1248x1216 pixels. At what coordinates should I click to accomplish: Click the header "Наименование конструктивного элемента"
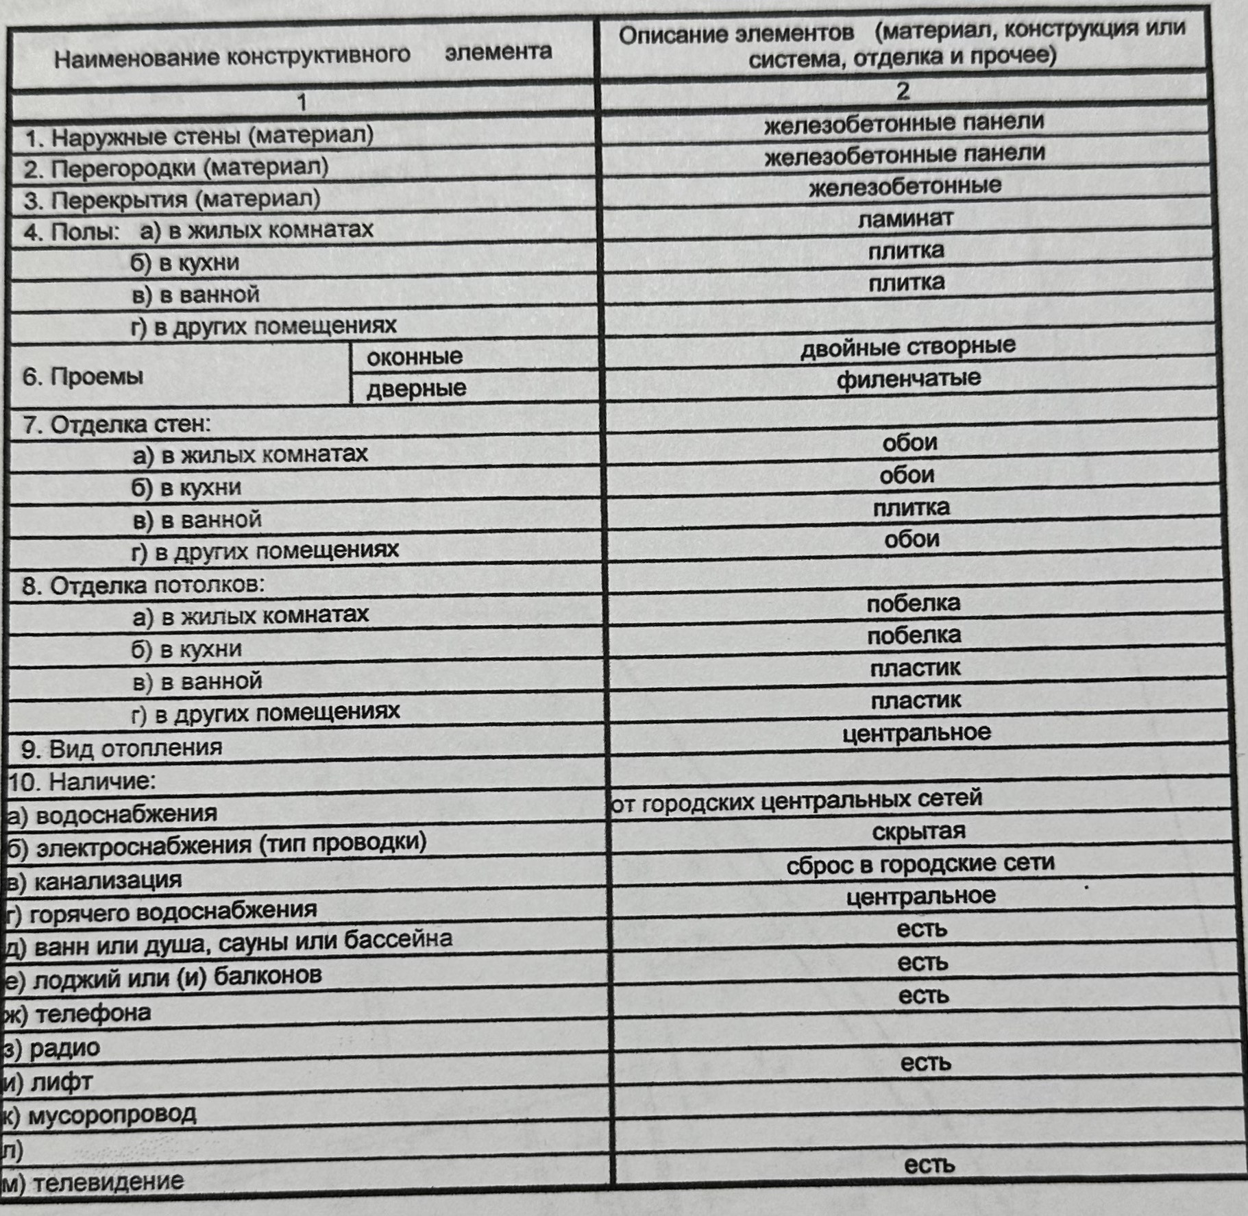pos(302,54)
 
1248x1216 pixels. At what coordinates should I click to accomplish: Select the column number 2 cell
pos(903,91)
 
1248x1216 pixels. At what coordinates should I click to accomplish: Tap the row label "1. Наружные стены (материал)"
pos(199,136)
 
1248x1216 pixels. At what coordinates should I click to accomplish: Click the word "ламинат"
pos(905,219)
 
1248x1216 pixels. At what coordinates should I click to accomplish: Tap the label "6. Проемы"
pos(83,376)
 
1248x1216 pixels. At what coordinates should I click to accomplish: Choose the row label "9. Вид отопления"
pos(122,748)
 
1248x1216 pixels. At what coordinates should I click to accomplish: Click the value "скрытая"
pos(918,832)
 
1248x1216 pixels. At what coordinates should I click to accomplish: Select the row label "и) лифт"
pos(48,1082)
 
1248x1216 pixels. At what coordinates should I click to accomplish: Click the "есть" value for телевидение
pos(929,1165)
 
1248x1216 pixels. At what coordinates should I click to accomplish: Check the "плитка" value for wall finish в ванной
pos(911,508)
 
